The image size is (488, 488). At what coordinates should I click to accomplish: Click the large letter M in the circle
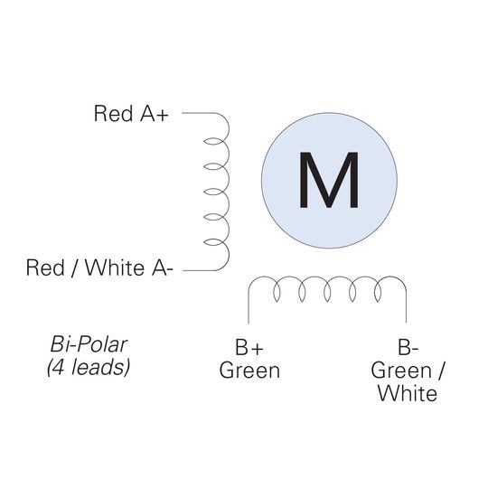329,180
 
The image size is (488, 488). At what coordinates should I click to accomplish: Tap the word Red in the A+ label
113,113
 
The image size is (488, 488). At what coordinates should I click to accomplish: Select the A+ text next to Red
155,113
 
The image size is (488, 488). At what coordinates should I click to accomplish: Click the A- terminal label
162,267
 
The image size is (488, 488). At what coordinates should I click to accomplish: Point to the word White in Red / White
115,267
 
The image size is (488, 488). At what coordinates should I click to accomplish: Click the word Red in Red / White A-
45,267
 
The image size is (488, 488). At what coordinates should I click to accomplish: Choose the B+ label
249,347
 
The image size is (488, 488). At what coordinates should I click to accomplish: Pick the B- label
408,347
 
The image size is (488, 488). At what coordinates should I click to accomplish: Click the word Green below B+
249,371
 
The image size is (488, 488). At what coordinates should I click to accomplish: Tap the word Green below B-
401,371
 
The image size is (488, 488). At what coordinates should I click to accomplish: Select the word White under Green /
408,393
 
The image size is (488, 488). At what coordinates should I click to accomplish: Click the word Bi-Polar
89,345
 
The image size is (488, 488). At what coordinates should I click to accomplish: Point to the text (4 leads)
89,368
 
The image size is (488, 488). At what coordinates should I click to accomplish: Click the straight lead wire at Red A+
199,113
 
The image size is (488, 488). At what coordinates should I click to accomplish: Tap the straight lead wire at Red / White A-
199,270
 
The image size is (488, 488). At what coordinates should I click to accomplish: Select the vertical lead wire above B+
249,308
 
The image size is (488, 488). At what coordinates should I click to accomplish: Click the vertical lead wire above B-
406,307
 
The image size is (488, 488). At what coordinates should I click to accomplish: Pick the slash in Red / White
75,267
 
